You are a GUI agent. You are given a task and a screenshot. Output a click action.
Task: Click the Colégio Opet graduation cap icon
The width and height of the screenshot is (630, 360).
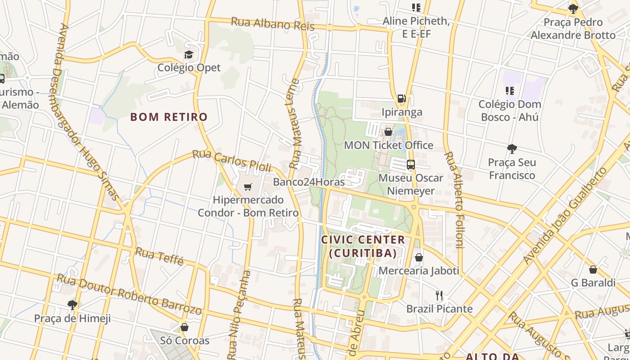click(189, 55)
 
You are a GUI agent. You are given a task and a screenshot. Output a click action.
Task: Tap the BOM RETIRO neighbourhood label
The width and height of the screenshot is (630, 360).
click(169, 117)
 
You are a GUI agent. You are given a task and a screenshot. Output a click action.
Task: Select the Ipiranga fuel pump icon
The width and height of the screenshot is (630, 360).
click(401, 99)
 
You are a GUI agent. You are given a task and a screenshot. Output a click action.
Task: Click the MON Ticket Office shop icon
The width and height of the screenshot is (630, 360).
click(388, 132)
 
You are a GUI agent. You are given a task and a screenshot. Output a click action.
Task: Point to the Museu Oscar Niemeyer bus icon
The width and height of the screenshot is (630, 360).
click(410, 165)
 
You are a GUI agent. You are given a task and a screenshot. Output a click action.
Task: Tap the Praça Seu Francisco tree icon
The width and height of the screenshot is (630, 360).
click(512, 149)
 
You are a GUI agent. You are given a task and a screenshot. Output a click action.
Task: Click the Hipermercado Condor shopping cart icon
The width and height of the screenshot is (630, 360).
click(248, 187)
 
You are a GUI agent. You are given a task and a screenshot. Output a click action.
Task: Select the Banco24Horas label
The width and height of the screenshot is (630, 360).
click(309, 182)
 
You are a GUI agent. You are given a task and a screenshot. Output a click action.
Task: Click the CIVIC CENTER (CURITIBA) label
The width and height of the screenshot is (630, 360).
click(363, 246)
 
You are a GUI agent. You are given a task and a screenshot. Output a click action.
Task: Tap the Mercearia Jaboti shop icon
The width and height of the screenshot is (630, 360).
click(418, 257)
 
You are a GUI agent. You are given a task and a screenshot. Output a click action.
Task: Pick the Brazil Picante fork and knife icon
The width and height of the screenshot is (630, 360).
click(439, 296)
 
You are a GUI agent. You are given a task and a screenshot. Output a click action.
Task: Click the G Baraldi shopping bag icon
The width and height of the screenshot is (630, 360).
click(593, 270)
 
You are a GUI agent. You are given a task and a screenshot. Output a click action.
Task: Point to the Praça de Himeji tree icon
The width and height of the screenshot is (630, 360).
click(72, 305)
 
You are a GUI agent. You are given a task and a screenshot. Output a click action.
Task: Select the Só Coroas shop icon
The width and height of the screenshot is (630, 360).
click(184, 327)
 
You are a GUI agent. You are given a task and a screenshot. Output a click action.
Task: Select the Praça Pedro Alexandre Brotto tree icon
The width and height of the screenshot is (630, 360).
click(573, 9)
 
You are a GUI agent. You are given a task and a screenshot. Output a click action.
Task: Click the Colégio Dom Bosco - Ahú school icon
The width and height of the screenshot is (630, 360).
click(509, 91)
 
